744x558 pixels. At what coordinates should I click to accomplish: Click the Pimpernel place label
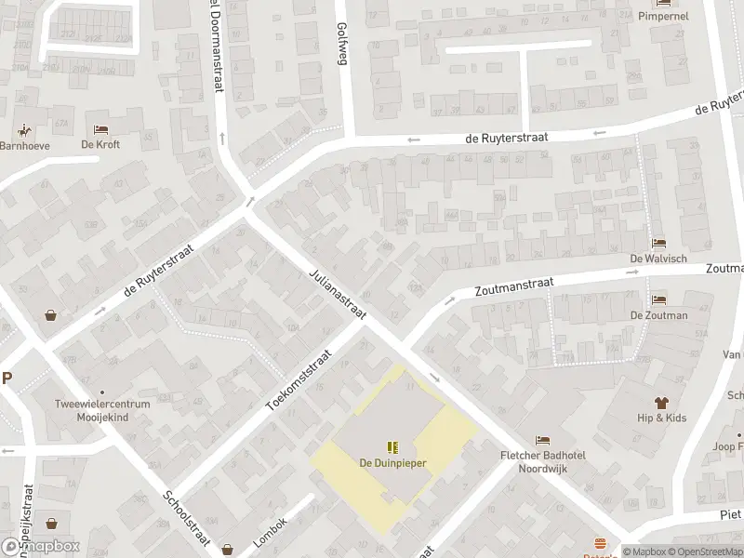point(662,17)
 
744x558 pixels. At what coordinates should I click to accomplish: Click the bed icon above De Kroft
point(100,128)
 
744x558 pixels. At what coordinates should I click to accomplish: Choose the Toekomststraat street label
point(299,381)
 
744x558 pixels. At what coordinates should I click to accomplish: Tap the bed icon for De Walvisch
point(658,243)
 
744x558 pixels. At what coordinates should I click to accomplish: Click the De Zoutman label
point(658,315)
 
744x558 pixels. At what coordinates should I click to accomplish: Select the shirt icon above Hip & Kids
point(661,403)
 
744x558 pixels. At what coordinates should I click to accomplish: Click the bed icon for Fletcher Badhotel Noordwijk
point(542,440)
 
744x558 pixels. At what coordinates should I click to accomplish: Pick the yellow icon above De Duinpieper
point(392,447)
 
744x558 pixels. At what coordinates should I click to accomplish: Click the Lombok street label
point(271,531)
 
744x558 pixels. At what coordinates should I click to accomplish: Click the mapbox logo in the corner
point(39,546)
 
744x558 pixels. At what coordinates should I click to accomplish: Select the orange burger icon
point(600,543)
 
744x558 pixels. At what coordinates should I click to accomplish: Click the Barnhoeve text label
point(24,145)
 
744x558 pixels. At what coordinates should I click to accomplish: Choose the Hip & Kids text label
point(661,418)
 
